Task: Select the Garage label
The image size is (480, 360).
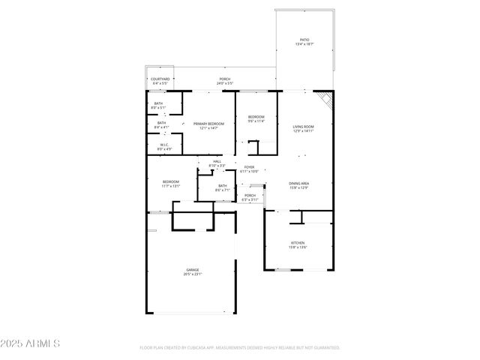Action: (193, 271)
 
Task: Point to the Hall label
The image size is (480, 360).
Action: (217, 163)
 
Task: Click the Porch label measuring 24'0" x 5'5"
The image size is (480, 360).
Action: (224, 80)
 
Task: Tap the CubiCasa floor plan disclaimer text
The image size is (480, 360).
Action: (239, 348)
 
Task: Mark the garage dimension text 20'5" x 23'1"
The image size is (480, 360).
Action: (193, 274)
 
